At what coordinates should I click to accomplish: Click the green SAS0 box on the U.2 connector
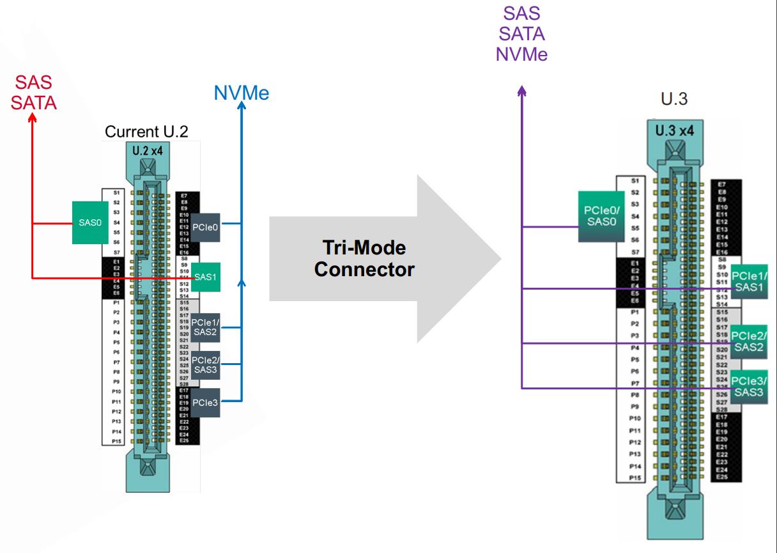pos(90,222)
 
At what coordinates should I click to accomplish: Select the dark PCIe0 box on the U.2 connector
pos(205,227)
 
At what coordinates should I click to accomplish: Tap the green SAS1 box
pos(205,277)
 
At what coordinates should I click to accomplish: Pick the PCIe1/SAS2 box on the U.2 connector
pos(205,327)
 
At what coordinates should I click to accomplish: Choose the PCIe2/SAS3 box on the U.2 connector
pos(205,364)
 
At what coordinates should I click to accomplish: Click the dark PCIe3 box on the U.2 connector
pos(205,402)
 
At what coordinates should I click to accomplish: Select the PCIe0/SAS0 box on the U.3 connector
pos(601,216)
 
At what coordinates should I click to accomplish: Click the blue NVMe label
pos(242,93)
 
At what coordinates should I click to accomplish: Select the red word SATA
pos(34,102)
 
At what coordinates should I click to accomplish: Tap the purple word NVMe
pos(521,54)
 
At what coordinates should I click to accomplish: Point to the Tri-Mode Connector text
pos(364,258)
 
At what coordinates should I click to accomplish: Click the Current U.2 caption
pos(146,132)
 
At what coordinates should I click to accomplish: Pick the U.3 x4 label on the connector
pos(674,131)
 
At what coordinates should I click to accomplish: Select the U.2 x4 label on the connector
pos(148,151)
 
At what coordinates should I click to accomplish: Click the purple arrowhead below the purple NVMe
pos(522,91)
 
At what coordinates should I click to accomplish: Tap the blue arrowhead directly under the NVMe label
pos(242,110)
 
